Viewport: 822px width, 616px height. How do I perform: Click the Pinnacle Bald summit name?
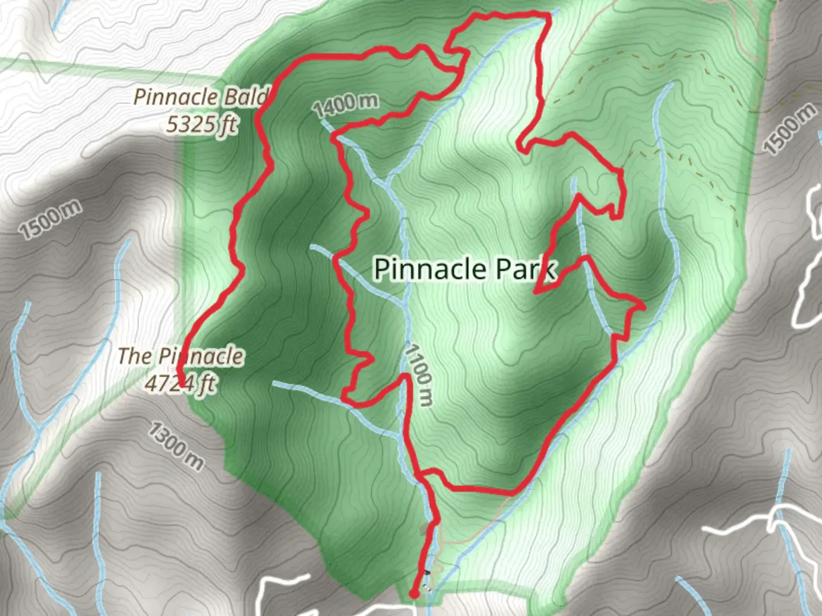200,96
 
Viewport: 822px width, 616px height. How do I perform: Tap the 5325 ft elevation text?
201,124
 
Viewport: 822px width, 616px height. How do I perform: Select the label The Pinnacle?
180,356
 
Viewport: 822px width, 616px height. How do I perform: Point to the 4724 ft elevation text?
180,384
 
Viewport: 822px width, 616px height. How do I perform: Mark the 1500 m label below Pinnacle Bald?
50,220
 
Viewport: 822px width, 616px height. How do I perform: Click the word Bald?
245,97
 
